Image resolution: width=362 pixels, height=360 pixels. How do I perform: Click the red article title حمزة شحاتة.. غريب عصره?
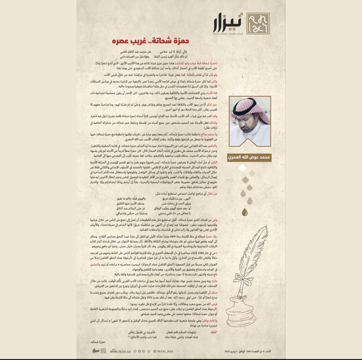click(x=151, y=41)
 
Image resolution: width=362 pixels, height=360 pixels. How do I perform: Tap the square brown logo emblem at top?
click(x=258, y=23)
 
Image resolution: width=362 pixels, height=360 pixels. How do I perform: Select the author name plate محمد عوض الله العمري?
click(x=249, y=157)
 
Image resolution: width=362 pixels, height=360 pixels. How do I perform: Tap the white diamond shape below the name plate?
click(x=243, y=168)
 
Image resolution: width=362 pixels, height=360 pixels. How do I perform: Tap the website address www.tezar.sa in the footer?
click(x=120, y=351)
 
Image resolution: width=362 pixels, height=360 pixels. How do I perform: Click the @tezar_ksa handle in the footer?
click(x=163, y=351)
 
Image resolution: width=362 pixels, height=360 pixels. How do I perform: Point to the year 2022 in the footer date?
click(x=227, y=351)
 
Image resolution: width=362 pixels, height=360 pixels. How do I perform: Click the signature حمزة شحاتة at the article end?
click(x=98, y=342)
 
